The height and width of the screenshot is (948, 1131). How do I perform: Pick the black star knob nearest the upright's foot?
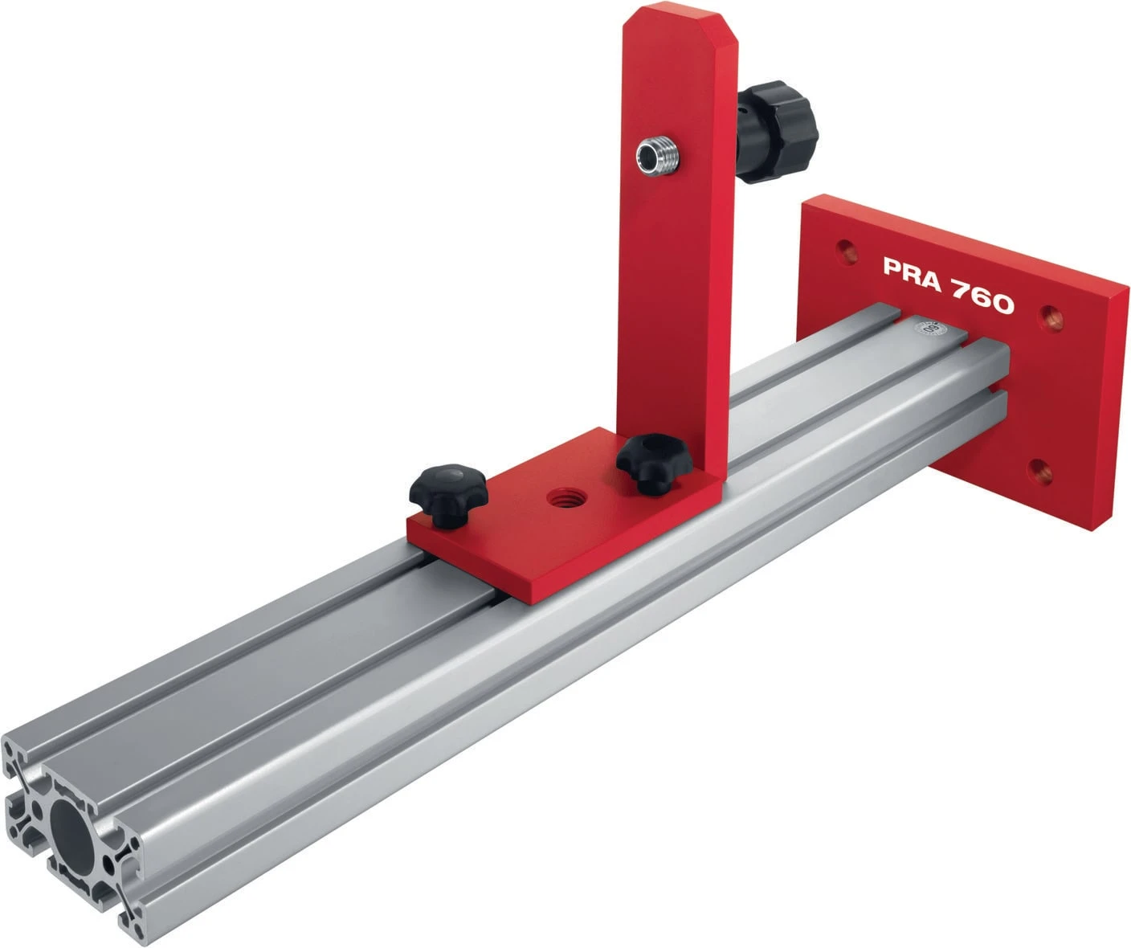(647, 462)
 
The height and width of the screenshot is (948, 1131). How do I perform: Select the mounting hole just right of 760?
(1051, 316)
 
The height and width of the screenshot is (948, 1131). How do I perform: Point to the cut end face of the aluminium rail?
(76, 836)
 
